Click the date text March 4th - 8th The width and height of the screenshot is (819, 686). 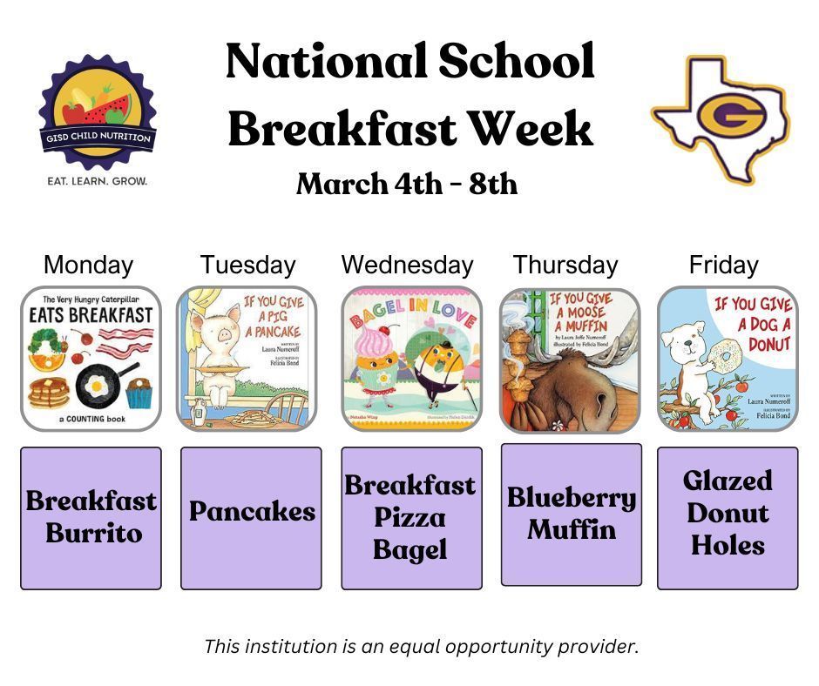(x=407, y=184)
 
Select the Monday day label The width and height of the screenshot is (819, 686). (x=88, y=265)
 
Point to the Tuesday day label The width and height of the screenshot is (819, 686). (x=247, y=265)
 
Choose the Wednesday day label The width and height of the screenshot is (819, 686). (x=407, y=265)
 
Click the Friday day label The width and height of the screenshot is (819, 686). (x=723, y=265)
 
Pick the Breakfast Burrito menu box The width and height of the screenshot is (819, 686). (x=91, y=518)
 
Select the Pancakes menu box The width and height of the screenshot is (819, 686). (x=251, y=518)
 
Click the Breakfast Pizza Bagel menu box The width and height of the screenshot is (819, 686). (x=411, y=518)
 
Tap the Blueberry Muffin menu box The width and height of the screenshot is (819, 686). (x=571, y=514)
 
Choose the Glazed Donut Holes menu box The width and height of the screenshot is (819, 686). (x=728, y=518)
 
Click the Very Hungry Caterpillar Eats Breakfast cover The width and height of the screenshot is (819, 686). (x=91, y=359)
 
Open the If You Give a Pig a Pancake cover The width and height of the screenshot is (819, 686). (x=247, y=359)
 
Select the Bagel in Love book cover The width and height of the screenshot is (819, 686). (x=411, y=359)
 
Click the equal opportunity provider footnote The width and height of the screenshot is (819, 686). (x=422, y=647)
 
